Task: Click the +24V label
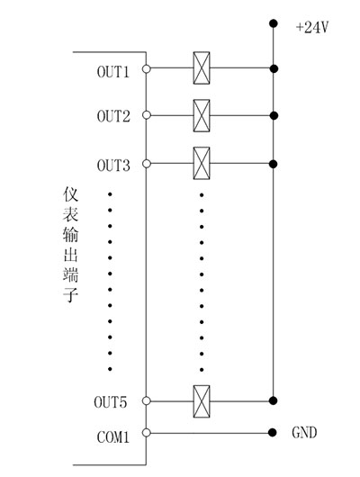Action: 311,28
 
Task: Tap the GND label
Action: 304,433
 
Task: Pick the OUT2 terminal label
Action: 114,116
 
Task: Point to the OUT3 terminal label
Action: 114,166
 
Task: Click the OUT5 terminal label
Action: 114,400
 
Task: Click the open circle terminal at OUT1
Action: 146,67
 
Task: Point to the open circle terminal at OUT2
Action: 146,114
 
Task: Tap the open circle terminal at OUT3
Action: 146,163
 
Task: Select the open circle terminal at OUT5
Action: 146,399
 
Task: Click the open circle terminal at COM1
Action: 146,432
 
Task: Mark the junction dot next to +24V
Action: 273,25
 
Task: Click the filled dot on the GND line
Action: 273,432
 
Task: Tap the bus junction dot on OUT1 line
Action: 273,67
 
